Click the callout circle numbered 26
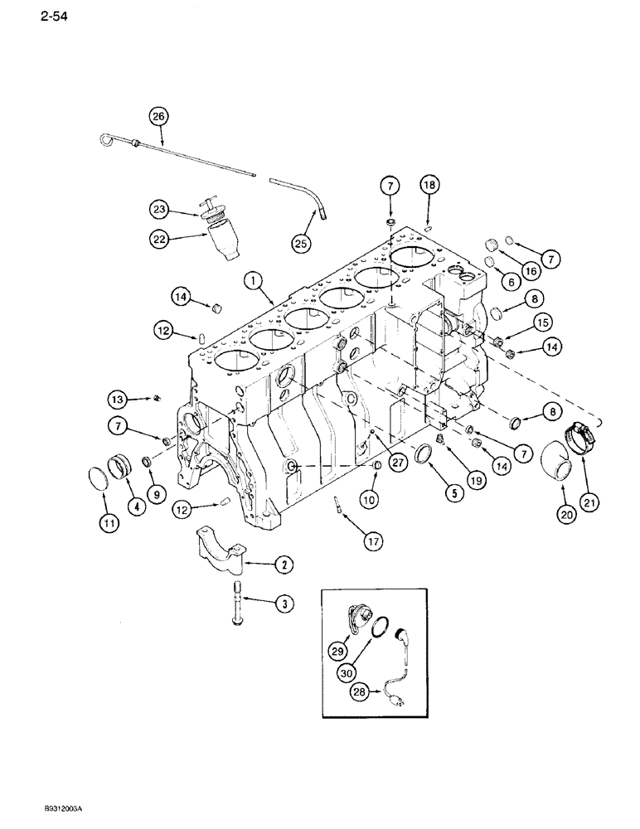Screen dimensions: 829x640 158,117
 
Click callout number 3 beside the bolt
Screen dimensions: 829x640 284,605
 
